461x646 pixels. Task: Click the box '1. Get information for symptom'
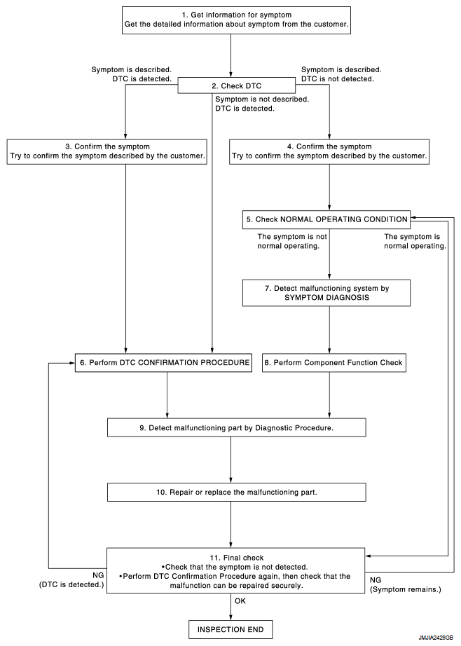click(237, 20)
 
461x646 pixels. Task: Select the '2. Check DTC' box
click(237, 85)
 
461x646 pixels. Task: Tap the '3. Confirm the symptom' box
click(107, 151)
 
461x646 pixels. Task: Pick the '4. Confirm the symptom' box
click(329, 151)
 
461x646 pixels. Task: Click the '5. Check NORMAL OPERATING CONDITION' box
click(326, 219)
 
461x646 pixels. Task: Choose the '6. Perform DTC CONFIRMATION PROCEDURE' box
click(163, 362)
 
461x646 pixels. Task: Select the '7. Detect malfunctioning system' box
click(326, 293)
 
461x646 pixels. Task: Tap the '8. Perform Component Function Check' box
click(334, 362)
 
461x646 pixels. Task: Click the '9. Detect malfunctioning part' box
click(237, 427)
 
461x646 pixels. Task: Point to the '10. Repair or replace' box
click(237, 493)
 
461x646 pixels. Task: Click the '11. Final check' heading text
click(237, 558)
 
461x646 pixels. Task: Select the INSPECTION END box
click(230, 629)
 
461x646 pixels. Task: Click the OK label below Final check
click(240, 601)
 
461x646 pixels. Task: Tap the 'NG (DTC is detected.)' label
click(71, 580)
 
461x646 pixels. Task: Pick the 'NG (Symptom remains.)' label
click(406, 585)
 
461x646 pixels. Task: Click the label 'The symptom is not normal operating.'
click(292, 242)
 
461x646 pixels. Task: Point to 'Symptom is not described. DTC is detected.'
click(262, 104)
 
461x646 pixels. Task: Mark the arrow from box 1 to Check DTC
click(230, 57)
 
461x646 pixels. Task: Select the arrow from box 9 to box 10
click(230, 460)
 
